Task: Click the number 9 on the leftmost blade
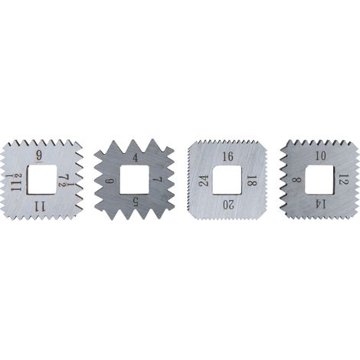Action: (39, 155)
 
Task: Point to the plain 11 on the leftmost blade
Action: (40, 206)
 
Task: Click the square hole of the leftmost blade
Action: (42, 179)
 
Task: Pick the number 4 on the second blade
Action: (135, 159)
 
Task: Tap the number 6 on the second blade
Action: (110, 181)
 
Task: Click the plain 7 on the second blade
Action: (158, 180)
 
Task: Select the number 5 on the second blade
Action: (135, 202)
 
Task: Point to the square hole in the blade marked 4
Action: (134, 179)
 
